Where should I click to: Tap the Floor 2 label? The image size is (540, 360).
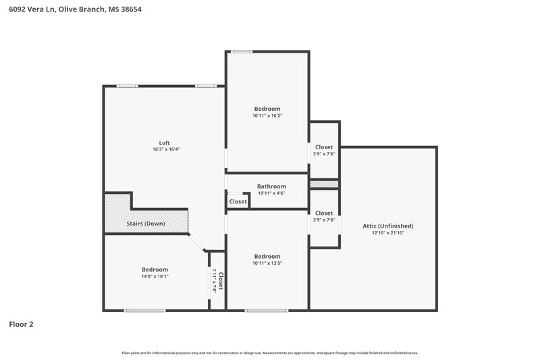tap(21, 324)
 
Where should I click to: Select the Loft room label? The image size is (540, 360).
tap(164, 143)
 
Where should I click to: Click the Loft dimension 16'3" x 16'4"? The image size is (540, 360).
tap(164, 149)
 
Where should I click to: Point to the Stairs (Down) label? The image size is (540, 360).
tap(146, 224)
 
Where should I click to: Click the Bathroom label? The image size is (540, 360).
tap(271, 186)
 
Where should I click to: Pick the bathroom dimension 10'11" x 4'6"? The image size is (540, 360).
tap(271, 193)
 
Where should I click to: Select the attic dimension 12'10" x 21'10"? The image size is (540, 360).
tap(387, 233)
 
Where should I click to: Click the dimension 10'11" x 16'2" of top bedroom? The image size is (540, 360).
tap(267, 115)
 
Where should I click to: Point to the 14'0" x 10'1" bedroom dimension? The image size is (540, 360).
tap(155, 276)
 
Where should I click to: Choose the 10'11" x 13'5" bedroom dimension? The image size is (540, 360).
tap(267, 263)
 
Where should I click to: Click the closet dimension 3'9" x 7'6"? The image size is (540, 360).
tap(324, 154)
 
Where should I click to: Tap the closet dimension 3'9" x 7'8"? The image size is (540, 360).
tap(324, 220)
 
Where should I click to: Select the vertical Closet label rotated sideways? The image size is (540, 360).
tap(220, 280)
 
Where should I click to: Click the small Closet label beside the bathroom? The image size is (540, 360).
tap(238, 201)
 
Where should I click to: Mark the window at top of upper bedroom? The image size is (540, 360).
tap(241, 51)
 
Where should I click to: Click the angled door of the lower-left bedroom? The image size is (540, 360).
tap(198, 243)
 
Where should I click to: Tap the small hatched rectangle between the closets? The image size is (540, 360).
tap(324, 184)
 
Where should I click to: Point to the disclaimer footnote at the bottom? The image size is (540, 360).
tap(270, 353)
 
